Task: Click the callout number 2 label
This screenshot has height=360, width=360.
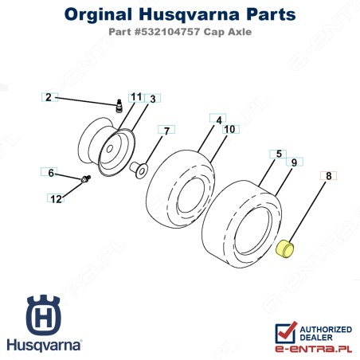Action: (x=49, y=97)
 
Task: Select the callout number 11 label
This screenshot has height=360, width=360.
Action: (x=136, y=97)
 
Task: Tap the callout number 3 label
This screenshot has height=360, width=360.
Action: (x=153, y=99)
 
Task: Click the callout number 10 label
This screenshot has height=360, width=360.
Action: (x=230, y=129)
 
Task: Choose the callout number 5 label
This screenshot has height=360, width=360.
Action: (x=278, y=154)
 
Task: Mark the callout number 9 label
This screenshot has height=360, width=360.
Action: (x=294, y=162)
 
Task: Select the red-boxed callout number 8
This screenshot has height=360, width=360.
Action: (x=328, y=176)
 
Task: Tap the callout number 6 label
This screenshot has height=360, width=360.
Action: (x=50, y=173)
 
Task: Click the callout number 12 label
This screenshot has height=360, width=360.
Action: (x=56, y=198)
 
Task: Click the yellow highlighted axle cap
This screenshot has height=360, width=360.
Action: (x=285, y=248)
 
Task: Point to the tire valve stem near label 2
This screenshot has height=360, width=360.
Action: (x=119, y=106)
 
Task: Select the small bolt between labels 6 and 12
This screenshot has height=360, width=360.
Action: (x=86, y=179)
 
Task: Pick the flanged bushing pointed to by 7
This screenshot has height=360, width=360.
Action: (x=139, y=170)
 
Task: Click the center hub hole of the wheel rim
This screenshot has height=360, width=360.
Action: (x=109, y=149)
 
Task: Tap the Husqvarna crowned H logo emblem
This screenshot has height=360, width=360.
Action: (x=44, y=315)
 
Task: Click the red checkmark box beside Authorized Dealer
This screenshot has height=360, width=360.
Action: (x=286, y=333)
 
